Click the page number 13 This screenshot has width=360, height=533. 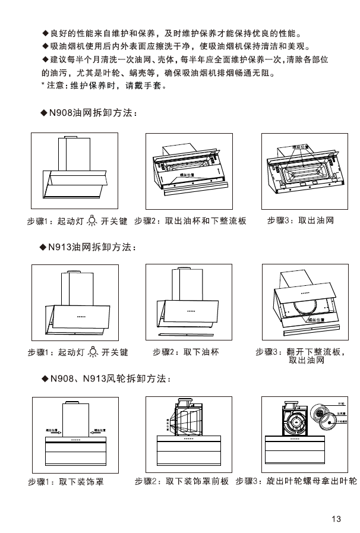[x=337, y=519]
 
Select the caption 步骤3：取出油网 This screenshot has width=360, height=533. [x=300, y=220]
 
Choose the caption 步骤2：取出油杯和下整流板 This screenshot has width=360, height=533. [x=191, y=220]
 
